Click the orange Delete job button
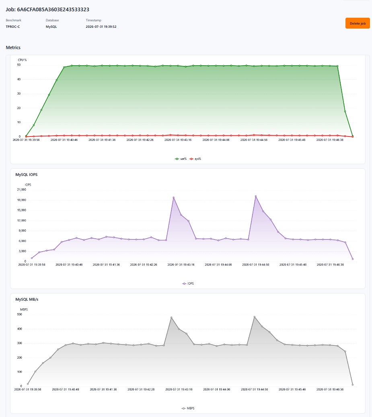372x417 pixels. pyautogui.click(x=358, y=23)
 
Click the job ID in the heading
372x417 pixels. pyautogui.click(x=53, y=10)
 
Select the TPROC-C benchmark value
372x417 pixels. pyautogui.click(x=13, y=27)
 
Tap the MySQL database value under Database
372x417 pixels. pyautogui.click(x=51, y=27)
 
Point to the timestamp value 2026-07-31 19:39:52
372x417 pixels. pyautogui.click(x=101, y=27)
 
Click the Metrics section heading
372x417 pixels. pyautogui.click(x=13, y=47)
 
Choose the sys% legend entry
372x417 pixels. pyautogui.click(x=195, y=159)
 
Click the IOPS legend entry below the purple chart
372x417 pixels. pyautogui.click(x=188, y=283)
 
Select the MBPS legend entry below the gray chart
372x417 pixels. pyautogui.click(x=188, y=408)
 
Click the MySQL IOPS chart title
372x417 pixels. pyautogui.click(x=26, y=174)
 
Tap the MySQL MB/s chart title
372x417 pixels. pyautogui.click(x=27, y=299)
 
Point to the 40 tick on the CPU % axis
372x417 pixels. pyautogui.click(x=19, y=79)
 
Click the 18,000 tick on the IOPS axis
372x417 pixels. pyautogui.click(x=22, y=200)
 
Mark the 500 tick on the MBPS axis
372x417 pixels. pyautogui.click(x=19, y=314)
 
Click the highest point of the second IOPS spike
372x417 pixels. pyautogui.click(x=256, y=196)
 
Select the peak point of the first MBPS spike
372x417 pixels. pyautogui.click(x=171, y=318)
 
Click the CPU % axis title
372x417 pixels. pyautogui.click(x=23, y=60)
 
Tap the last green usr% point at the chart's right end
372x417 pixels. pyautogui.click(x=353, y=136)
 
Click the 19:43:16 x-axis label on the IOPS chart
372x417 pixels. pyautogui.click(x=181, y=264)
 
